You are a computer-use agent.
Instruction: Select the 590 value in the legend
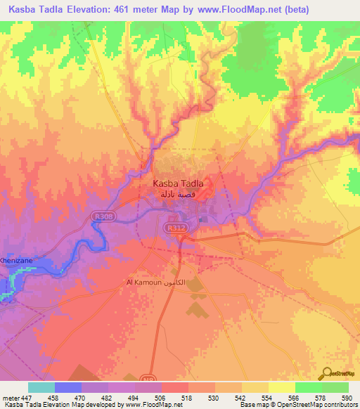click(347, 397)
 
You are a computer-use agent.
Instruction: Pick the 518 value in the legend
click(187, 397)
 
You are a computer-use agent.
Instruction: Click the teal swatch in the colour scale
click(41, 387)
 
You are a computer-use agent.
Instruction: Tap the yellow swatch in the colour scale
click(281, 387)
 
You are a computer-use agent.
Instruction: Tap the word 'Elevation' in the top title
click(95, 9)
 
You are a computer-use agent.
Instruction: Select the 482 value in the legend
click(107, 397)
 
